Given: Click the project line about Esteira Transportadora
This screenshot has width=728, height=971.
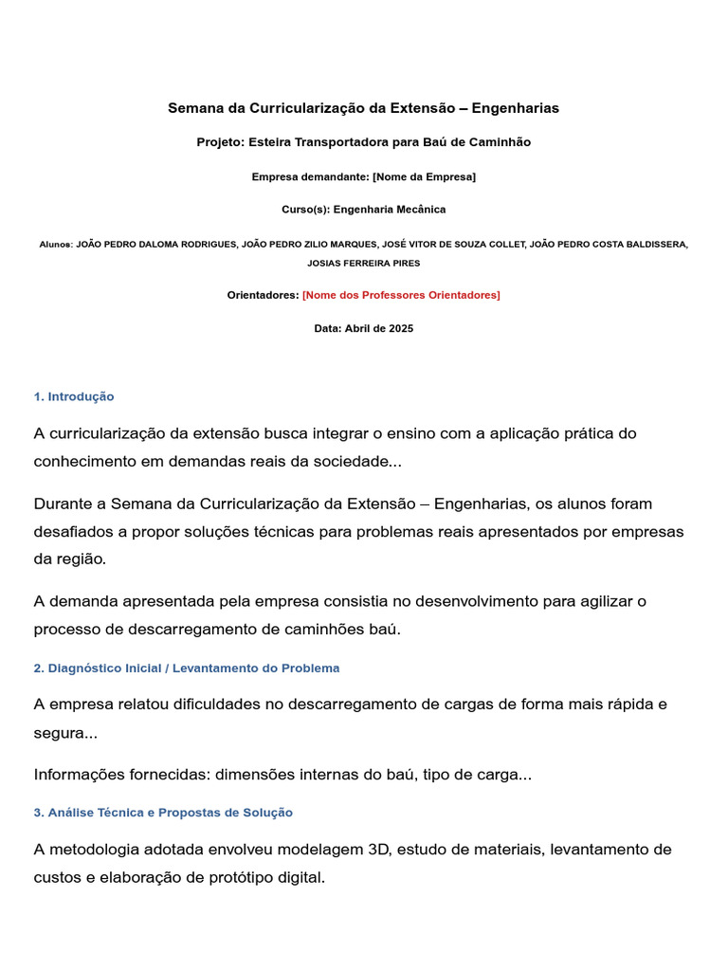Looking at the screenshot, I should pyautogui.click(x=364, y=142).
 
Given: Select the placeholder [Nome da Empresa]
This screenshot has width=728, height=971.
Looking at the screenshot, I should pyautogui.click(x=424, y=176).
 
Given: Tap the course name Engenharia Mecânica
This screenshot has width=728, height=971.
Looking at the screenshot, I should pyautogui.click(x=390, y=210).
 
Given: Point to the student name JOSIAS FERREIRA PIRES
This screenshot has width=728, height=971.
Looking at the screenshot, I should pyautogui.click(x=364, y=263).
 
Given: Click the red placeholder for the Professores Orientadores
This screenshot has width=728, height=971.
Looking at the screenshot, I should pyautogui.click(x=401, y=295).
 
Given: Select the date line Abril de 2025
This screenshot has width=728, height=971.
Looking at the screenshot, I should pyautogui.click(x=364, y=329).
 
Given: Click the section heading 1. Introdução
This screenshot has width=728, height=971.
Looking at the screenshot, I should pyautogui.click(x=74, y=396).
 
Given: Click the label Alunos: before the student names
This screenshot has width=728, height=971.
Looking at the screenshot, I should pyautogui.click(x=56, y=245).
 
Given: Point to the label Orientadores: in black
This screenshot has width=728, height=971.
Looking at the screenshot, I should pyautogui.click(x=263, y=295).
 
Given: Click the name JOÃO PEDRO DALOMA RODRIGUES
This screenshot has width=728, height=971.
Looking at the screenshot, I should pyautogui.click(x=155, y=245).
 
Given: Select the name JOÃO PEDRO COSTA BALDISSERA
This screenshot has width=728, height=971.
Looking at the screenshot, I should pyautogui.click(x=609, y=245).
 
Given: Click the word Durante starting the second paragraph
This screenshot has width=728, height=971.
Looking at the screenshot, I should pyautogui.click(x=67, y=504).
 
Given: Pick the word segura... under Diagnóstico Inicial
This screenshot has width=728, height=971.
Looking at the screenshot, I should pyautogui.click(x=65, y=734).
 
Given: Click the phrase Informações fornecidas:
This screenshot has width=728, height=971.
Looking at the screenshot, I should pyautogui.click(x=122, y=775).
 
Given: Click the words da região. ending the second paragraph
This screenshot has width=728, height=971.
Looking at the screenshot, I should pyautogui.click(x=70, y=559).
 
